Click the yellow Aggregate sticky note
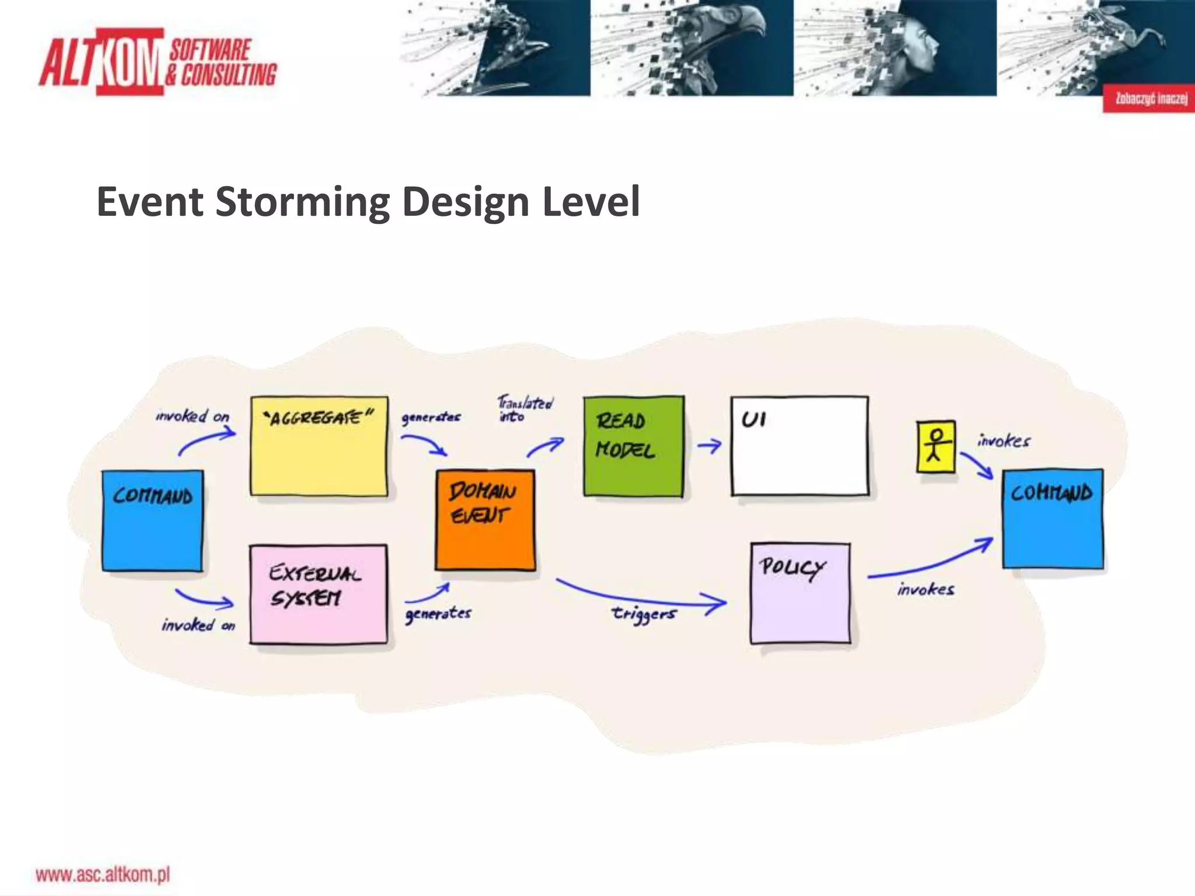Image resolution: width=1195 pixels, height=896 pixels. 319,446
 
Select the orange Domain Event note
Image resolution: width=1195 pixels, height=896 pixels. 485,519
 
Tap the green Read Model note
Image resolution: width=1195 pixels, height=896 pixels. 633,446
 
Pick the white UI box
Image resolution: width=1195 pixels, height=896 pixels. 799,446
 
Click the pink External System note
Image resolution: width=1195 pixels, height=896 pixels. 318,594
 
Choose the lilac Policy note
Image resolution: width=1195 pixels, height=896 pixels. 800,593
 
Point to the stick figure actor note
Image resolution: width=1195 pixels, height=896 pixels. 935,446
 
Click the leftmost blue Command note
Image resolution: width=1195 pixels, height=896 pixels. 152,520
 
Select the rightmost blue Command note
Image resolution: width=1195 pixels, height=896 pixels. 1052,518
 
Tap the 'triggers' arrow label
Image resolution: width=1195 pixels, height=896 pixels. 644,614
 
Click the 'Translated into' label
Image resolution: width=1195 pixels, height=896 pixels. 525,408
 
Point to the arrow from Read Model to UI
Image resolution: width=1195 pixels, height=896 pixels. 709,446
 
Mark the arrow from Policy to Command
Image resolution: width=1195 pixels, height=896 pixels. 931,561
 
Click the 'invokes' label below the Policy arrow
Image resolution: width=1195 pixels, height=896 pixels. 925,589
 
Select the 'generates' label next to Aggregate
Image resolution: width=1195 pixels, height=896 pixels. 431,417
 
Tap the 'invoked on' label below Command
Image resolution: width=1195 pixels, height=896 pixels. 198,625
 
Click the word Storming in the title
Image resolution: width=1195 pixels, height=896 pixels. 302,202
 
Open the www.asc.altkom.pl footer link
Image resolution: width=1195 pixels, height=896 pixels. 103,874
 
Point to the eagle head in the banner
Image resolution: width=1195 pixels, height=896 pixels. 735,35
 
